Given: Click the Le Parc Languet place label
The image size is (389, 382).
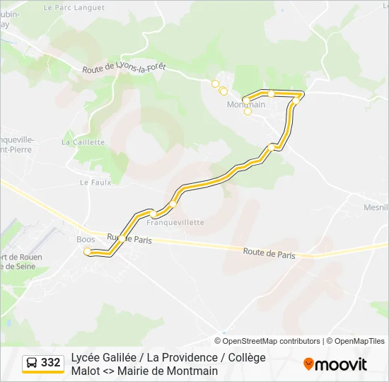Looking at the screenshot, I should (x=74, y=8).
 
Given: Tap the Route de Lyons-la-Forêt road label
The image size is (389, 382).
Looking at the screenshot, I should (x=124, y=68).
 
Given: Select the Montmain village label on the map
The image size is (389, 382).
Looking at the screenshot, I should (x=245, y=105).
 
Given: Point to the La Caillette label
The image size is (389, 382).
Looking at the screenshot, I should (x=83, y=141).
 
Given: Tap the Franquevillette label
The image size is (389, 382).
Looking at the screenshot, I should (x=175, y=222).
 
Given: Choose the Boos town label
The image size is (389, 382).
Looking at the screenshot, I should (x=86, y=239).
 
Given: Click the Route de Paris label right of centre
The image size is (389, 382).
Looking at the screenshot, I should (x=269, y=253).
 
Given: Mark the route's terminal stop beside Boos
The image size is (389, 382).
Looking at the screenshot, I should (x=88, y=252).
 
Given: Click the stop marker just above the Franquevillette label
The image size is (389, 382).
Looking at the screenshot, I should (x=152, y=214).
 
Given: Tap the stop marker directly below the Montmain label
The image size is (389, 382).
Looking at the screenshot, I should (x=248, y=112).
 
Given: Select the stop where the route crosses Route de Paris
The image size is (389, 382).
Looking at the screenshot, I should (x=123, y=238).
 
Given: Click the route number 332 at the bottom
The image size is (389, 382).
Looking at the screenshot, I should (x=51, y=363).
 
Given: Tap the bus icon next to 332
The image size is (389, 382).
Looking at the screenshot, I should (x=32, y=363).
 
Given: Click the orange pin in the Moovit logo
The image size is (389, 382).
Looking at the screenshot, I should (x=308, y=364).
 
